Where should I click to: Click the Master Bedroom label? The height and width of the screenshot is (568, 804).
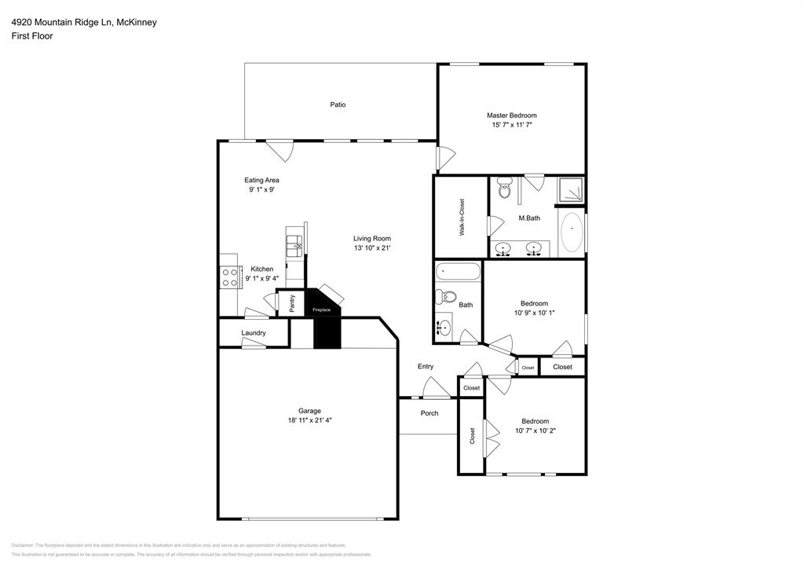(x=511, y=115)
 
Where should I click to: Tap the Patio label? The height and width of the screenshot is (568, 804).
(x=338, y=104)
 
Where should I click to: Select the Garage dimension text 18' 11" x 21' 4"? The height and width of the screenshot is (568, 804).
(x=309, y=420)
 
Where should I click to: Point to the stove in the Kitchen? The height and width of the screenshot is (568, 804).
(x=230, y=277)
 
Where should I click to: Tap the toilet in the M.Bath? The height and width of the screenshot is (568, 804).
(x=504, y=189)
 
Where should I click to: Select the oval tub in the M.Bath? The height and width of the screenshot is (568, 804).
(x=571, y=230)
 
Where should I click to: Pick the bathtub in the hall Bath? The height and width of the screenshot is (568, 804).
(x=459, y=272)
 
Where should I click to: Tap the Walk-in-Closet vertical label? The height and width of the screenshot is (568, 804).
(x=462, y=218)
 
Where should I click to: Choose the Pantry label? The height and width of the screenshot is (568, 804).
(x=292, y=303)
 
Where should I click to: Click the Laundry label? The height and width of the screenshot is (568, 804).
(x=254, y=333)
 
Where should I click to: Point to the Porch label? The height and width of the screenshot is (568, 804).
(x=429, y=413)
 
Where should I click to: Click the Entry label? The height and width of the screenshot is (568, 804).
(x=425, y=367)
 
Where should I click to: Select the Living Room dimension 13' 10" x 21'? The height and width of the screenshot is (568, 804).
(x=371, y=248)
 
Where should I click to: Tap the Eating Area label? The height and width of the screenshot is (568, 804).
(x=261, y=180)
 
